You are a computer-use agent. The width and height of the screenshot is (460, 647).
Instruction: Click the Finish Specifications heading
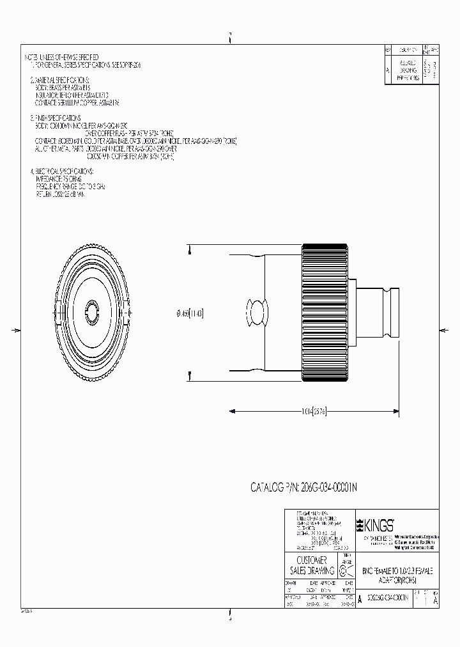point(57,118)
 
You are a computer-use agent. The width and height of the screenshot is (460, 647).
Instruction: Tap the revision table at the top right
point(412,65)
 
